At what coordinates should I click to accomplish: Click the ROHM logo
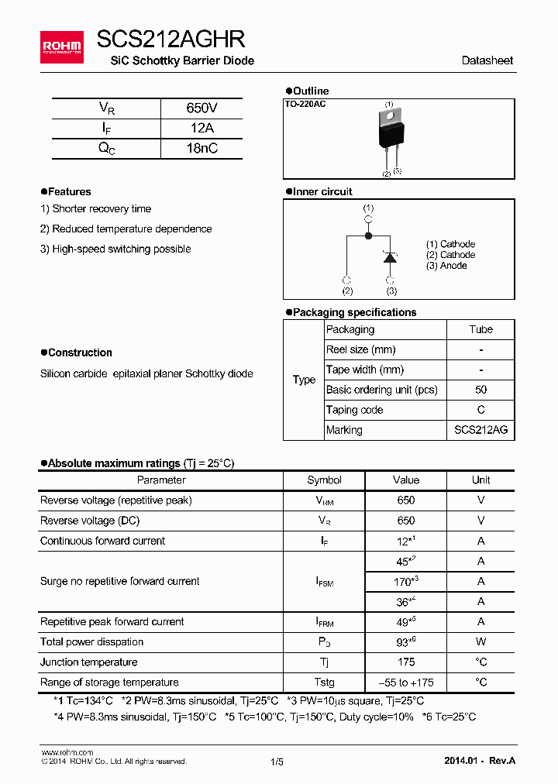(61, 47)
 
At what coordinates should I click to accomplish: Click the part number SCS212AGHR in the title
(170, 40)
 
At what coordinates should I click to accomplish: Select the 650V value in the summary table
(201, 108)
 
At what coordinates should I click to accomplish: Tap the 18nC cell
(201, 149)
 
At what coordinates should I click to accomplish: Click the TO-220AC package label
(305, 104)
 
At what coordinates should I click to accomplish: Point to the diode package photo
(391, 131)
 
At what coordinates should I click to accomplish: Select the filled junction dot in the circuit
(368, 236)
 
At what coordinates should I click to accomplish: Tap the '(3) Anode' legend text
(446, 266)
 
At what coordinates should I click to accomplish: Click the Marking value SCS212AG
(480, 430)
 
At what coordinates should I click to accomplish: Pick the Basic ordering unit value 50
(480, 390)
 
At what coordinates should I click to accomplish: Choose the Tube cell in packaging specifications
(480, 329)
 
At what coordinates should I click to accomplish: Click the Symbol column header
(324, 480)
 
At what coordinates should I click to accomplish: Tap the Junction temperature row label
(89, 662)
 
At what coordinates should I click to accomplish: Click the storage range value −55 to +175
(405, 683)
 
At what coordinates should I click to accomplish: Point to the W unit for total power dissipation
(480, 641)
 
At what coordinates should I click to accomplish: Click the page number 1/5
(277, 762)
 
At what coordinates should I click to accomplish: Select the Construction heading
(80, 352)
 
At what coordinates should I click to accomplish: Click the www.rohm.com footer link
(67, 752)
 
